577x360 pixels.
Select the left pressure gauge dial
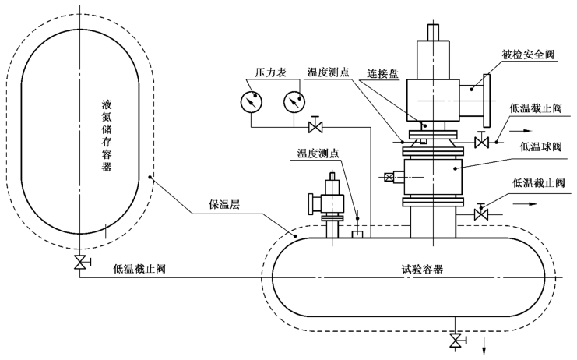click(x=252, y=102)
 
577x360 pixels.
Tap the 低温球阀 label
click(x=537, y=146)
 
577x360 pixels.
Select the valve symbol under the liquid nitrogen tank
click(x=79, y=262)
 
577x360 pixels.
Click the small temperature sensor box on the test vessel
click(x=358, y=233)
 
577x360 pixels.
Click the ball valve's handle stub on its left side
click(x=389, y=178)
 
